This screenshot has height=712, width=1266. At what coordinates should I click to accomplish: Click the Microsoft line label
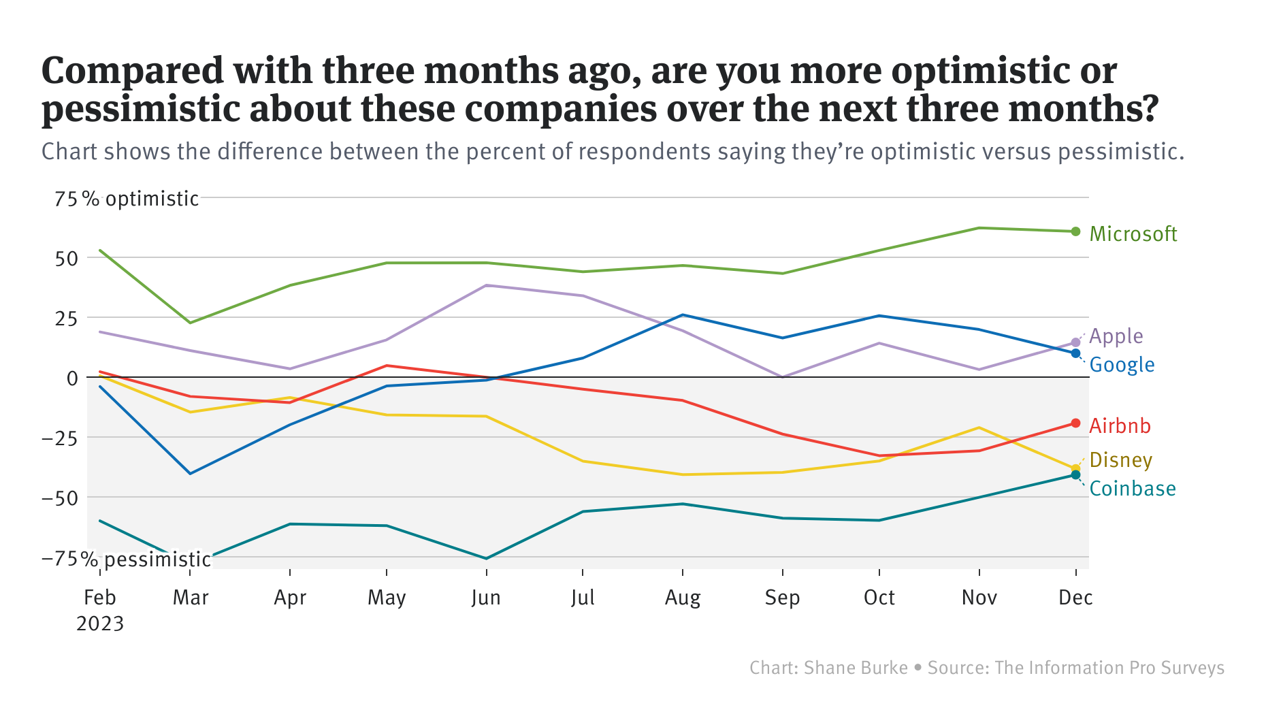coord(1133,234)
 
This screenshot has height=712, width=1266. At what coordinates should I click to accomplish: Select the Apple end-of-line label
coord(1116,336)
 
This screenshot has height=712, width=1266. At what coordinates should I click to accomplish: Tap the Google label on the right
coord(1122,365)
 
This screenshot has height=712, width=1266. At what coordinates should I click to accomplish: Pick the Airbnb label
coord(1120,426)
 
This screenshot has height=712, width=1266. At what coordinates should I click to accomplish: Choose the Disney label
coord(1120,460)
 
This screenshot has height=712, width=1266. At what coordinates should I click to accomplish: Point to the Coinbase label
coord(1133,489)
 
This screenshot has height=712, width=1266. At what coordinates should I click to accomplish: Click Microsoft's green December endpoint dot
coord(1075,231)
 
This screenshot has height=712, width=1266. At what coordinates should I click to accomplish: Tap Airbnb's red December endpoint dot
coord(1075,423)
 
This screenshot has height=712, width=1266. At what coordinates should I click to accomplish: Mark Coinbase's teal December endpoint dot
coord(1075,475)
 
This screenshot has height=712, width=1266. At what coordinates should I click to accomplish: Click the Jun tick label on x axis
coord(486,598)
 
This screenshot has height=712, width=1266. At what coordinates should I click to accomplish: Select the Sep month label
coord(782,598)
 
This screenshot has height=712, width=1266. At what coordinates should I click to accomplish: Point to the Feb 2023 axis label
coord(100,610)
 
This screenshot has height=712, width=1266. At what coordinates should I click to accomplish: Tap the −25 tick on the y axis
coord(60,438)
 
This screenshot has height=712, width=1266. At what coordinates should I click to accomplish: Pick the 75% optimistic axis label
coord(127,199)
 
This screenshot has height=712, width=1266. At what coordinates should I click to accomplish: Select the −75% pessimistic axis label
coord(126,560)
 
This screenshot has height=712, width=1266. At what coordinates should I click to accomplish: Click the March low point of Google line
coord(190,473)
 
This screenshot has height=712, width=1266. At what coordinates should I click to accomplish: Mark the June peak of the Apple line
coord(486,285)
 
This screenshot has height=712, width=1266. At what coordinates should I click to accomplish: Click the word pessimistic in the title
coord(140,109)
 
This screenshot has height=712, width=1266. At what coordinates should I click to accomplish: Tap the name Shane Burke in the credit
coord(856,668)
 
